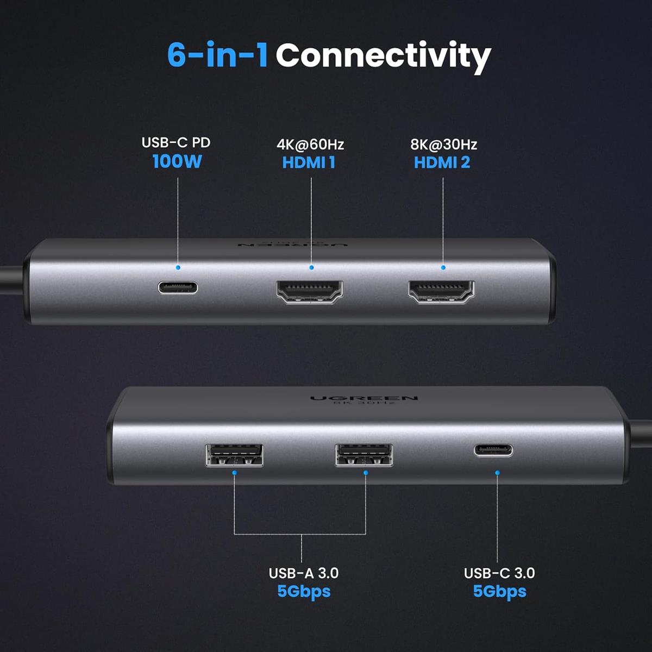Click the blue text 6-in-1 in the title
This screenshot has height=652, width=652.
[217, 55]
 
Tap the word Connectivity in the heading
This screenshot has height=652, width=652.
[383, 56]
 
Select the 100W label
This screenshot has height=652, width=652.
[177, 161]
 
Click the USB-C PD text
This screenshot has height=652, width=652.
[176, 142]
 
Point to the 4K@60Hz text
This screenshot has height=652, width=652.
[310, 145]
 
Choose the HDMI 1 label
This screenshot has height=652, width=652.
[309, 162]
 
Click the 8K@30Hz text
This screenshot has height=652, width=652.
[443, 145]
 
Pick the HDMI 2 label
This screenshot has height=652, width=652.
[442, 162]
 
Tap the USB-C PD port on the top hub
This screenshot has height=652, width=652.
[178, 287]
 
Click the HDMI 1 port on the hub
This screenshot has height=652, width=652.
[310, 292]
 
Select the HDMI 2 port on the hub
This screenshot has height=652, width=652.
[441, 292]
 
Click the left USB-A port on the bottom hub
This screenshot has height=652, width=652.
[234, 455]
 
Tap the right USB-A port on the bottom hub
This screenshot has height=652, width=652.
[364, 455]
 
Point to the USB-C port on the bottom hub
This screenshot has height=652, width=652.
[493, 450]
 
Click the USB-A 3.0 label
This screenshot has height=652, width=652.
[303, 573]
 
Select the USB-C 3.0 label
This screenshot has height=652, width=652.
[499, 573]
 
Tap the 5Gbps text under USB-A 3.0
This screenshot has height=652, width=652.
[303, 591]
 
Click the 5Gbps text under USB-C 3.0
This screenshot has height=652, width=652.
[499, 591]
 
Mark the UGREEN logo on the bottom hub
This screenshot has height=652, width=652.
[363, 399]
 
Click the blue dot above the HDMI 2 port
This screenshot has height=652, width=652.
[443, 267]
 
